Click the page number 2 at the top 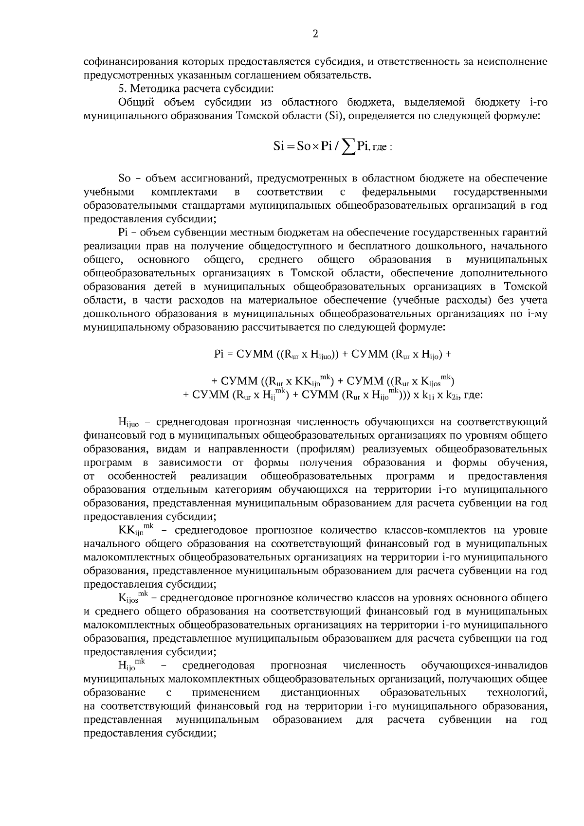coord(315,34)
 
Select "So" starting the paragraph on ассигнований coord(124,178)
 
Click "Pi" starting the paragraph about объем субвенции coord(123,233)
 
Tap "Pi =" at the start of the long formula coord(223,355)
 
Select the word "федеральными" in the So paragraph coord(399,192)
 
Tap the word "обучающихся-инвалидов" coord(484,665)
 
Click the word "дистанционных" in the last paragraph coord(320,692)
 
